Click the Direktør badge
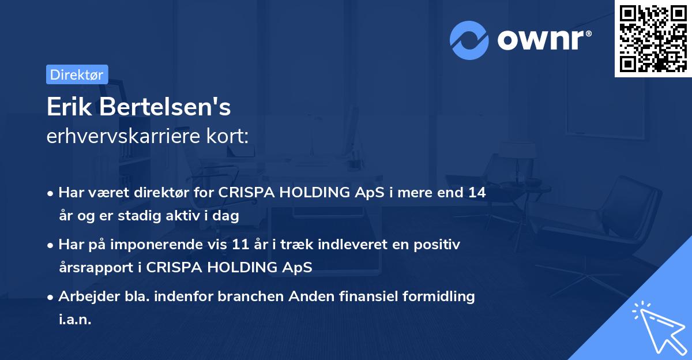point(77,74)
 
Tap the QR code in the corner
point(653,39)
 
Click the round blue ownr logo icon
point(469,40)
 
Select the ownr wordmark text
point(544,40)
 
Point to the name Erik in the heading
point(69,107)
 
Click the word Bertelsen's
point(165,107)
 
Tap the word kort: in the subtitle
point(227,136)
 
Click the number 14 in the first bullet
point(477,192)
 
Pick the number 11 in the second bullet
point(240,244)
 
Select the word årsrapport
point(96,268)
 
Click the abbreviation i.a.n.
point(75,319)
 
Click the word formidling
point(439,297)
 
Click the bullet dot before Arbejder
point(50,298)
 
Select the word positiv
point(437,245)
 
